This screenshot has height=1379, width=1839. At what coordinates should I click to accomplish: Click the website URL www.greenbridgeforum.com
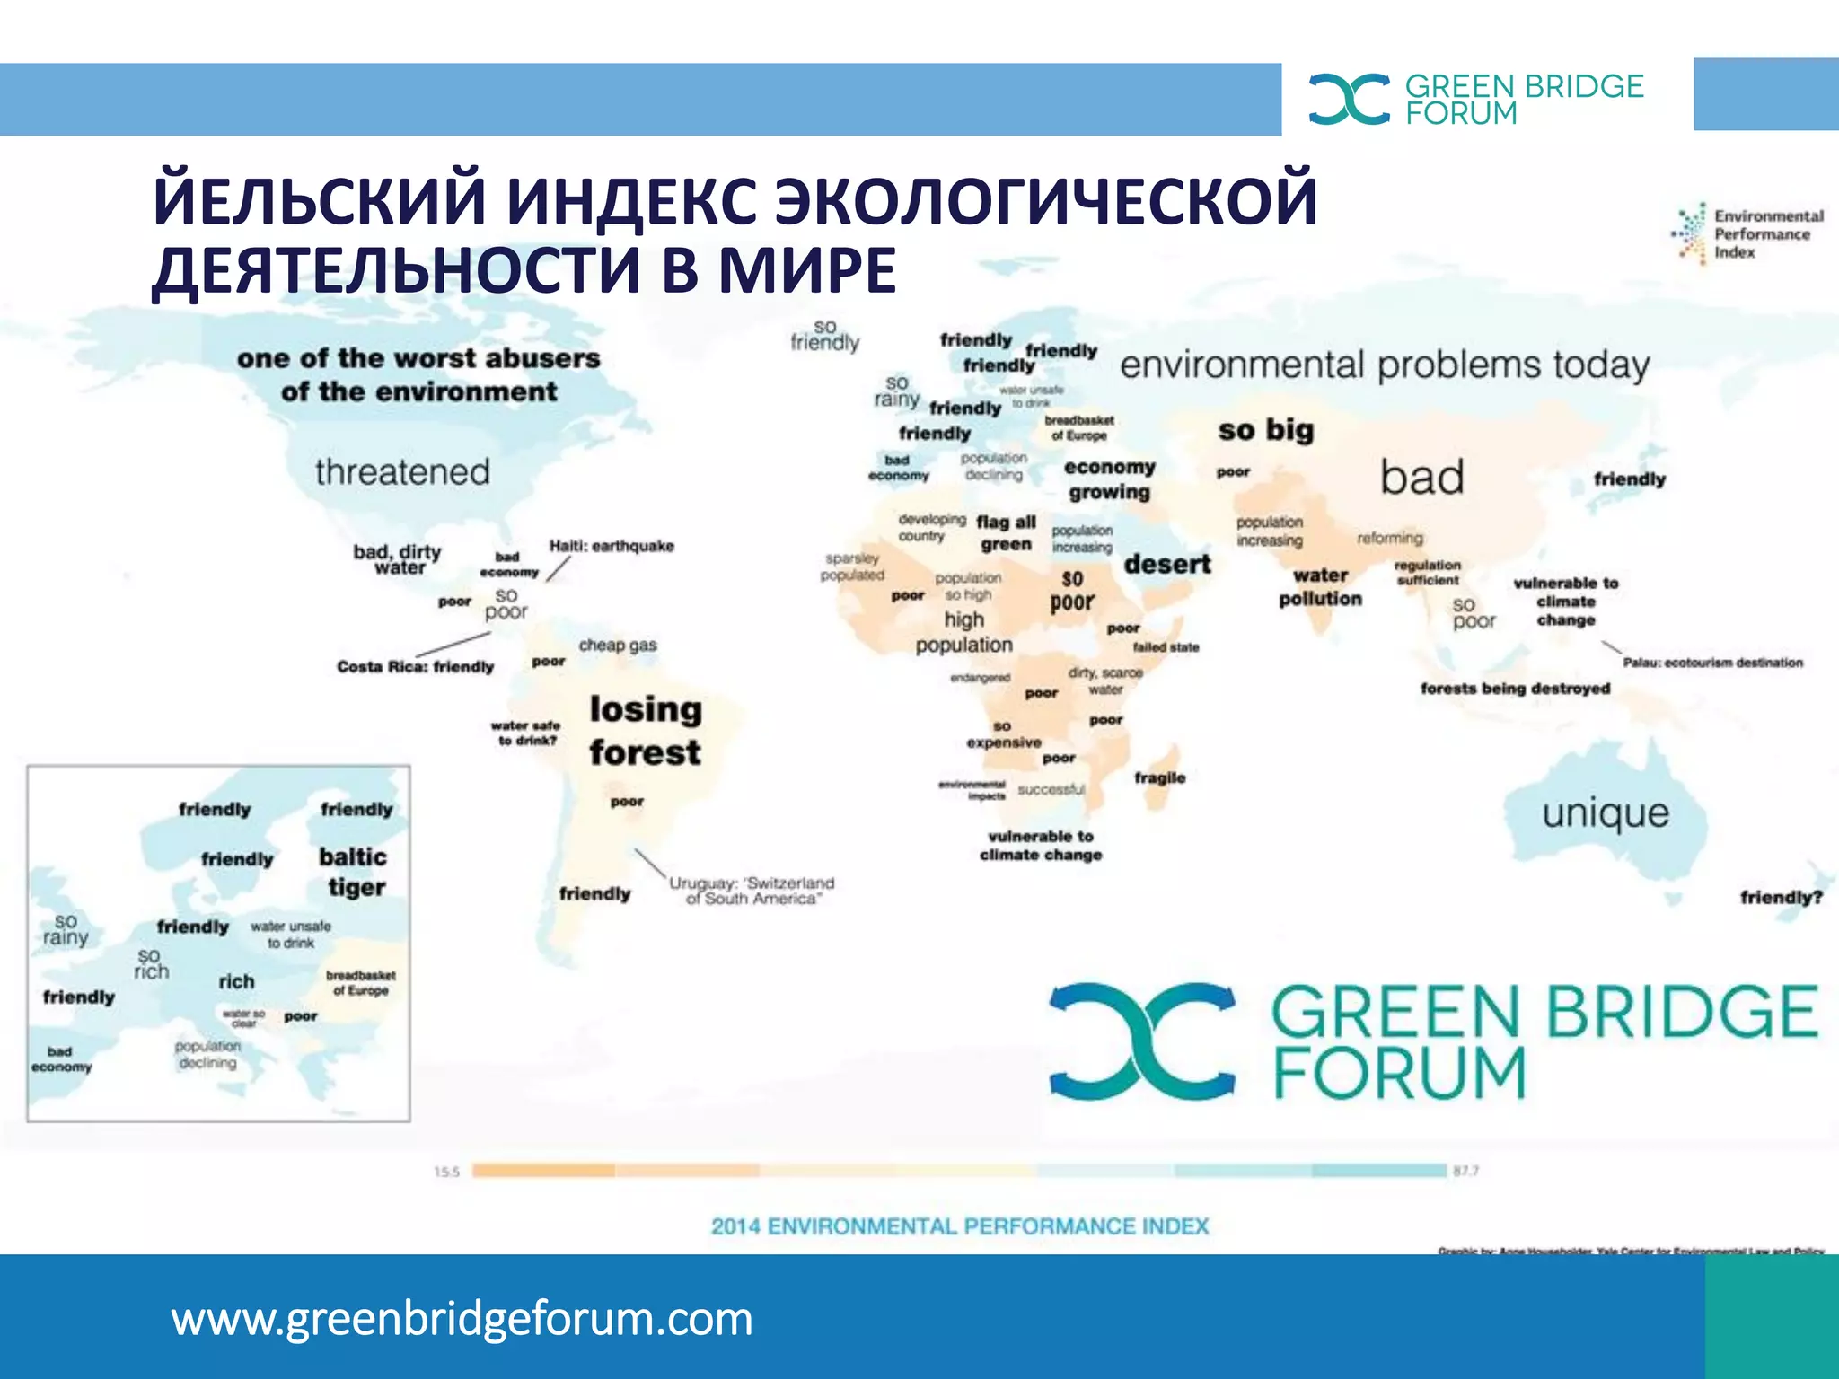462,1319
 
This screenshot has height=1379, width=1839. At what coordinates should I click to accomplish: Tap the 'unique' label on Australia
1606,814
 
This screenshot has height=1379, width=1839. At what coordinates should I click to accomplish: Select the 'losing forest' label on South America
646,731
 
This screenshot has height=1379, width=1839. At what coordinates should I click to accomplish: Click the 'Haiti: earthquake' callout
612,546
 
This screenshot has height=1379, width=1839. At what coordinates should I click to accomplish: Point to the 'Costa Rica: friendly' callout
416,666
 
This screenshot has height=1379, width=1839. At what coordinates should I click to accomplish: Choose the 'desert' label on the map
1167,565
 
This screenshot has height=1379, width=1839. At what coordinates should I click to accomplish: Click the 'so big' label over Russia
1265,431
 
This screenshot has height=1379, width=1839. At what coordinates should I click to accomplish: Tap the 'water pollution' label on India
1320,587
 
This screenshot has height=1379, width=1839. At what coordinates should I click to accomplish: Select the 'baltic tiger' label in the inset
354,872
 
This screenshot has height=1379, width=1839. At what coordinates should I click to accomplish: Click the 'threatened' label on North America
402,472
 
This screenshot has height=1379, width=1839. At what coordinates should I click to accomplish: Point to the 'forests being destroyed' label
1515,689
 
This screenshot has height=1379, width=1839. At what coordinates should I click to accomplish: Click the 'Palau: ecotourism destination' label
1712,663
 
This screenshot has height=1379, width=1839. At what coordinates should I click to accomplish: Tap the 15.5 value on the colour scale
446,1172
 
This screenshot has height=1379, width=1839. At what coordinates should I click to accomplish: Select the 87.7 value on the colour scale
1465,1171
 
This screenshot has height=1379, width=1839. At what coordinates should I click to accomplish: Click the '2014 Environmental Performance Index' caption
960,1226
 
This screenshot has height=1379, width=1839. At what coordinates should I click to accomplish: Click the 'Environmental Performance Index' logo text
1767,234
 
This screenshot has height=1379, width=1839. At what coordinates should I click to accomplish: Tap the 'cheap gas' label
618,646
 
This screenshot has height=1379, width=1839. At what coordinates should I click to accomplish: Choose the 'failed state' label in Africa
1166,647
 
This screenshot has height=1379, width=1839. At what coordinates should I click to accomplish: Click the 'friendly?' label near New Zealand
1781,897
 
